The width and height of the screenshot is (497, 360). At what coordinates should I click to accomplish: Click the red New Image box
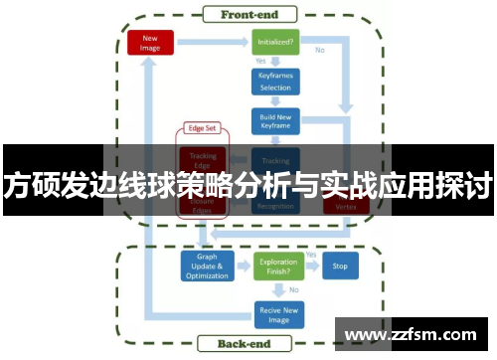pos(151,43)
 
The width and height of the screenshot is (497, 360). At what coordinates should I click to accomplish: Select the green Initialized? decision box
pos(275,43)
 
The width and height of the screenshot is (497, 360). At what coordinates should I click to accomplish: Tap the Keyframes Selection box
pos(275,81)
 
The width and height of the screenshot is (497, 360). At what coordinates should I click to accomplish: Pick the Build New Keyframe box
pos(275,121)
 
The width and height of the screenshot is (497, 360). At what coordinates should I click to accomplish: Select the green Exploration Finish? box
pos(276,267)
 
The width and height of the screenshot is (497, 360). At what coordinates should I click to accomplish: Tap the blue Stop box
pos(340,267)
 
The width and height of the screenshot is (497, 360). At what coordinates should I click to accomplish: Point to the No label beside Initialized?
pos(320,50)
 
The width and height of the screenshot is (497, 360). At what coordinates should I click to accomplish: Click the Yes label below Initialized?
pos(261,62)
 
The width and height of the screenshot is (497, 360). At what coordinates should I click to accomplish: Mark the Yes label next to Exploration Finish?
pos(311,256)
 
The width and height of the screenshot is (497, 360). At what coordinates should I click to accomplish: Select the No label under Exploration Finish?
pos(293,289)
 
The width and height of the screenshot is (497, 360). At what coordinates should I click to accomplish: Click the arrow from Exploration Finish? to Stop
pos(311,268)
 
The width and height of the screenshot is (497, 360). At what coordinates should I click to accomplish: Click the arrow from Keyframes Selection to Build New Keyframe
pos(275,100)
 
